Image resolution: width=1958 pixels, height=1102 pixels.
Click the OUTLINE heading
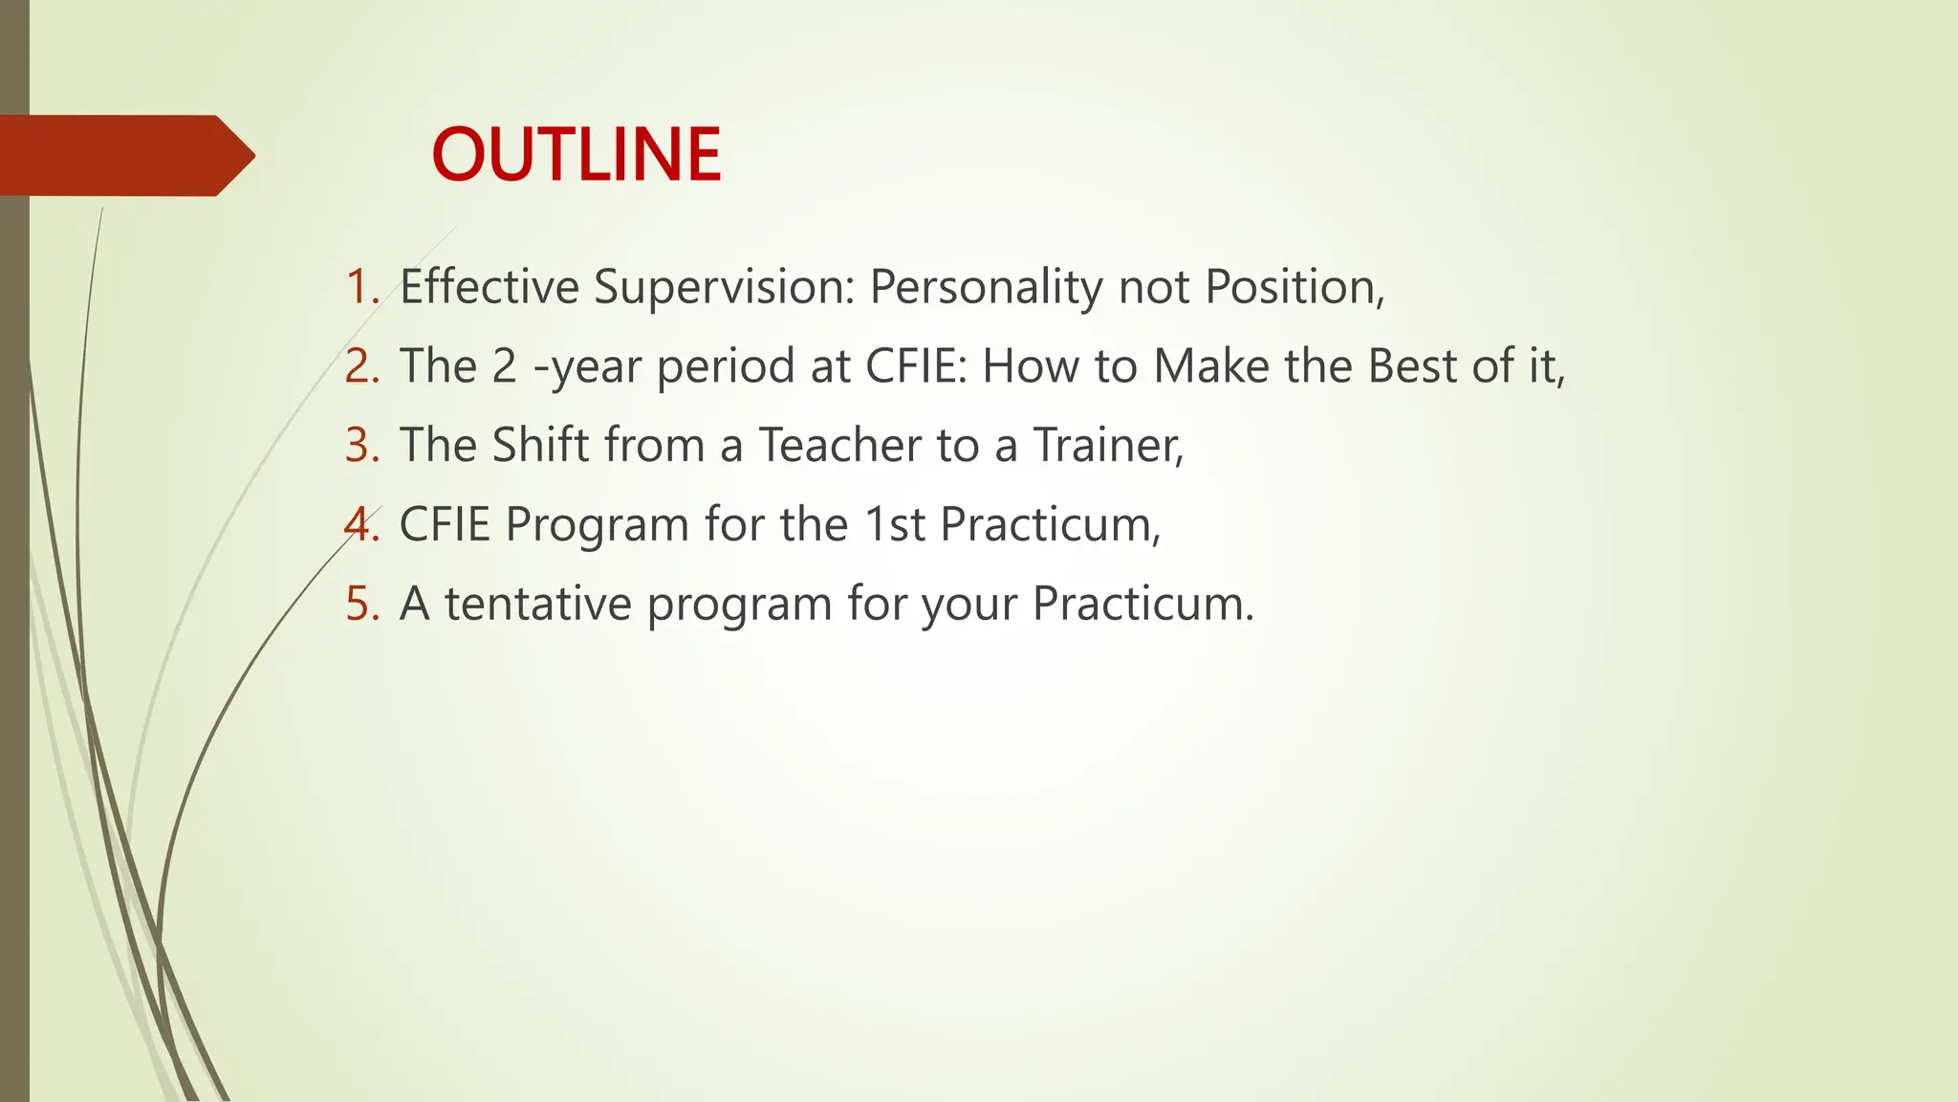pyautogui.click(x=577, y=155)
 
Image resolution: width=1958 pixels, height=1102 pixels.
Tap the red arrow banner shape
pyautogui.click(x=124, y=156)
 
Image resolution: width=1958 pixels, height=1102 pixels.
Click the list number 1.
pyautogui.click(x=361, y=287)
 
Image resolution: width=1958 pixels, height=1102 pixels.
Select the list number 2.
pyautogui.click(x=361, y=366)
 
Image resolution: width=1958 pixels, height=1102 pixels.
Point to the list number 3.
pyautogui.click(x=361, y=446)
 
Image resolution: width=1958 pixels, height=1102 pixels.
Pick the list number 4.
pyautogui.click(x=361, y=525)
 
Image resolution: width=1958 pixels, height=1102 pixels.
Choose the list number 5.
pyautogui.click(x=361, y=605)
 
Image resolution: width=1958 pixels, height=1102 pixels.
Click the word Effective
pyautogui.click(x=489, y=287)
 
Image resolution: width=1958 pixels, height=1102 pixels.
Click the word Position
pyautogui.click(x=1290, y=287)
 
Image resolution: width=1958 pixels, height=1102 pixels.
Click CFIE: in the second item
pyautogui.click(x=918, y=366)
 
